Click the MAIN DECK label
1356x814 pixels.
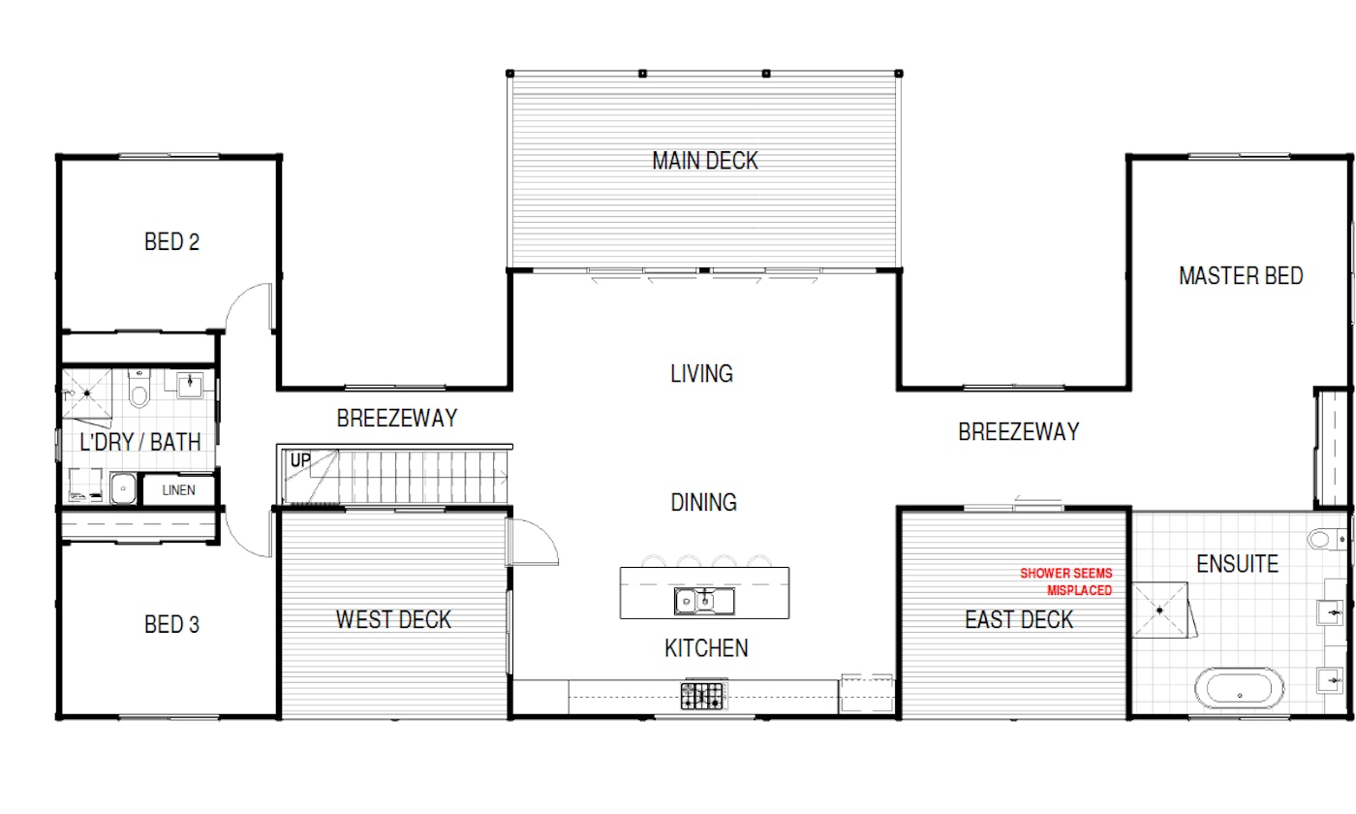705,161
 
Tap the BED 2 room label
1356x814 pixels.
172,241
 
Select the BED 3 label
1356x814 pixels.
172,624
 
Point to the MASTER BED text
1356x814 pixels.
1241,276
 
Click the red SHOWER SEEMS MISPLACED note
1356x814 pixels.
1066,581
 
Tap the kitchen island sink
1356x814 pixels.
704,601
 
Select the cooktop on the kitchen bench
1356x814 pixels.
702,696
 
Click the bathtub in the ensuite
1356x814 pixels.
1239,688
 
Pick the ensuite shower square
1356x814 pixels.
1160,610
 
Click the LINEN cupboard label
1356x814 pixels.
178,490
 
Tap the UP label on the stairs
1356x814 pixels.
300,460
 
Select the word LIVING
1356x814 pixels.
701,374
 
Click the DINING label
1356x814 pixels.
703,503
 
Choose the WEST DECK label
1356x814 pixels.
393,619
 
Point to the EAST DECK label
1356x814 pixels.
1019,619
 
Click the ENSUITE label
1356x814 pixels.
1238,564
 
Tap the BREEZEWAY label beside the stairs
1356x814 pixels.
397,419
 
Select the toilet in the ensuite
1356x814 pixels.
1326,539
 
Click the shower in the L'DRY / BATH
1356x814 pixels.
87,393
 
